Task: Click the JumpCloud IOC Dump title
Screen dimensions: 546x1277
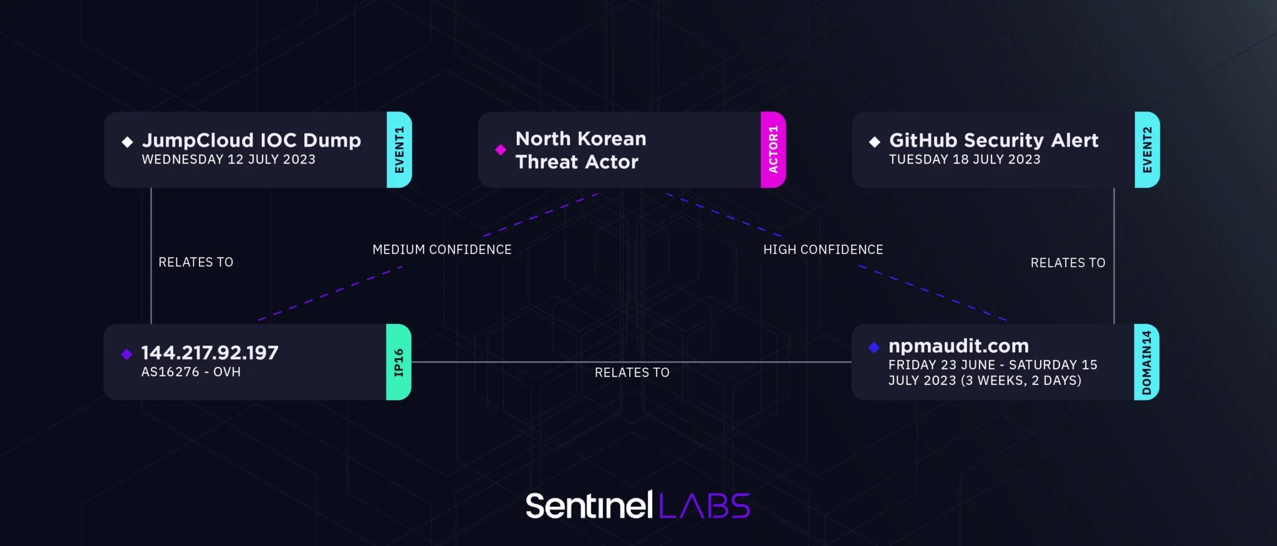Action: [251, 140]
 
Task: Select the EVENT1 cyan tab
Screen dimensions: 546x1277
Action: [399, 150]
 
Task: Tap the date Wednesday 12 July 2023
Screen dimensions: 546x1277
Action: [228, 160]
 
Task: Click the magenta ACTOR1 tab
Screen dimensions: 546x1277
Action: [773, 150]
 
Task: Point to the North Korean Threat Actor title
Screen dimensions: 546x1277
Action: [581, 150]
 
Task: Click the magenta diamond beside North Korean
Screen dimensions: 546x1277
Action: [500, 150]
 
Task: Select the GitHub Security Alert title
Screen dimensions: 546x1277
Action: [993, 140]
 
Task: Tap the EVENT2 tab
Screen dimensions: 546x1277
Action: [1147, 150]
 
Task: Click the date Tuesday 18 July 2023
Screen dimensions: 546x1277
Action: [965, 160]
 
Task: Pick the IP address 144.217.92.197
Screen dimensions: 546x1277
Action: [210, 353]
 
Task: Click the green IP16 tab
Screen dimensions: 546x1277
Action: [398, 362]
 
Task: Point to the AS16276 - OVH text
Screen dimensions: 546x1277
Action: [191, 372]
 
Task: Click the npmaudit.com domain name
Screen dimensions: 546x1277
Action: [958, 346]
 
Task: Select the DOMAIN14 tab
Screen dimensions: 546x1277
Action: [1146, 362]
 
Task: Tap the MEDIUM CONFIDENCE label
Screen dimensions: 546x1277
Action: [441, 250]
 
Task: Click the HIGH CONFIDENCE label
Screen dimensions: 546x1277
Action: [823, 250]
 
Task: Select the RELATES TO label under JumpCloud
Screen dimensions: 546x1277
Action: [196, 262]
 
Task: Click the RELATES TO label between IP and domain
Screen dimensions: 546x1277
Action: [632, 373]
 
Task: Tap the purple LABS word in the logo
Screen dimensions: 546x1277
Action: [705, 506]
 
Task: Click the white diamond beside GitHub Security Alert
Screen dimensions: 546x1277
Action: [874, 142]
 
